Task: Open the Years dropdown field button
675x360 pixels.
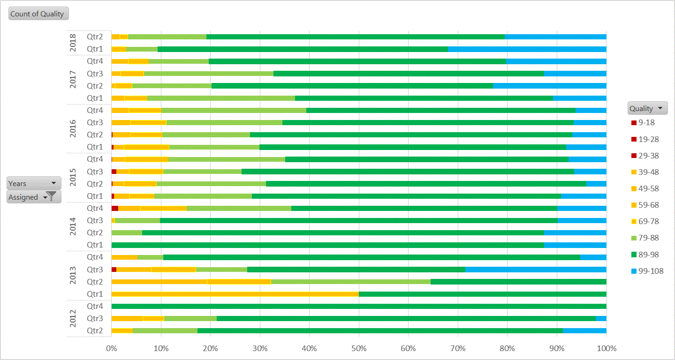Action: coord(34,183)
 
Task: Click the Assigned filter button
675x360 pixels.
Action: coord(34,197)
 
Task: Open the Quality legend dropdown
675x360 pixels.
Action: coord(647,108)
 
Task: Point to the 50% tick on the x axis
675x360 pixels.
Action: coord(359,348)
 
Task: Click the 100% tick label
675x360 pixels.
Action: coord(606,348)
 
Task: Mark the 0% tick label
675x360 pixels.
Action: coord(112,348)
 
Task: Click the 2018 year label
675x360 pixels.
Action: coord(73,43)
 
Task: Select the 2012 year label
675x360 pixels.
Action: coord(73,318)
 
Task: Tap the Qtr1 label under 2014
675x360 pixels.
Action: coord(95,245)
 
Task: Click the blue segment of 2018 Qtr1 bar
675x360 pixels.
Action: coord(527,49)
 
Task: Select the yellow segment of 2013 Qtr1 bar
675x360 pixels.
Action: coord(235,294)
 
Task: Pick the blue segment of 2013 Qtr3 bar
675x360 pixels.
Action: coord(535,270)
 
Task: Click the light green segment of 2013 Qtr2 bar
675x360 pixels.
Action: coord(350,282)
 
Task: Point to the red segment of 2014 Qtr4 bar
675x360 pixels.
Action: coord(115,208)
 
